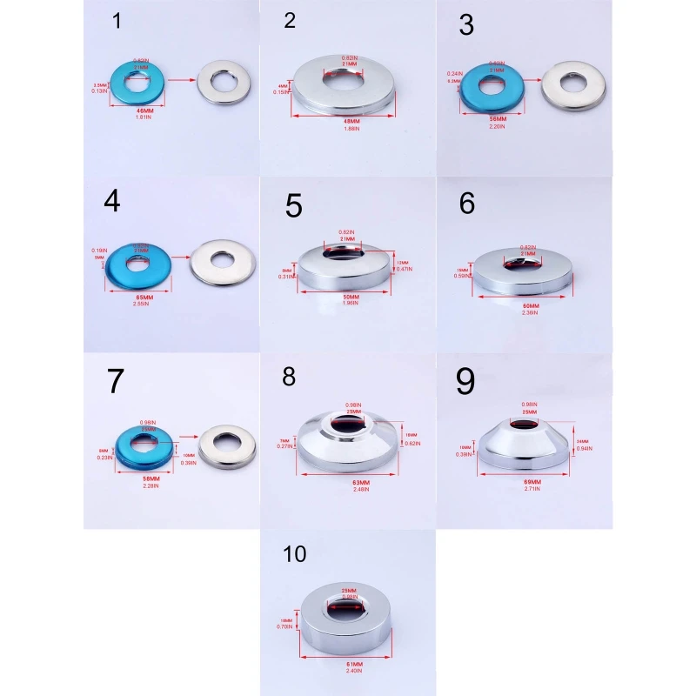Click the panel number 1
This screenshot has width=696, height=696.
click(x=117, y=22)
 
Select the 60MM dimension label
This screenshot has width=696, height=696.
click(x=531, y=305)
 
